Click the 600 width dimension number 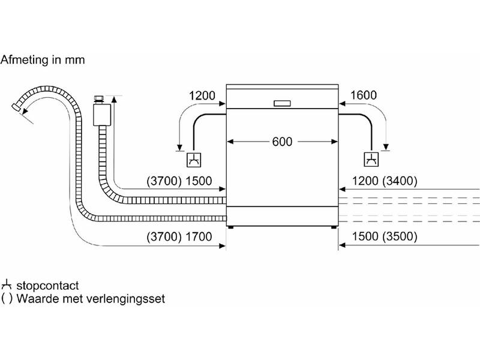pyautogui.click(x=282, y=142)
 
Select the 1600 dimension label pyautogui.click(x=363, y=95)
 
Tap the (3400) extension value pyautogui.click(x=400, y=181)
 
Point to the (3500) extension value pyautogui.click(x=400, y=236)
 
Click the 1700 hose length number pyautogui.click(x=199, y=236)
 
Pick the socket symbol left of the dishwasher pyautogui.click(x=194, y=160)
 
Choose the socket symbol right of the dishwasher pyautogui.click(x=371, y=159)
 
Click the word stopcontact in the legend pyautogui.click(x=47, y=286)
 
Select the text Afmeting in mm pyautogui.click(x=43, y=59)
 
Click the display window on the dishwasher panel pyautogui.click(x=283, y=103)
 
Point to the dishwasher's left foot pyautogui.click(x=231, y=227)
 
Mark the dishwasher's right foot pyautogui.click(x=334, y=227)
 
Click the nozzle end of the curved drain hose pyautogui.click(x=16, y=107)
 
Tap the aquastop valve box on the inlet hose pyautogui.click(x=102, y=115)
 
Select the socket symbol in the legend pyautogui.click(x=6, y=285)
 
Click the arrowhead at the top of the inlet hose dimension pyautogui.click(x=114, y=98)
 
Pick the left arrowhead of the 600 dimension pyautogui.click(x=230, y=142)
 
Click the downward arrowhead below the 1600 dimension pyautogui.click(x=386, y=146)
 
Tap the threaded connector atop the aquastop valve pyautogui.click(x=99, y=99)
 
